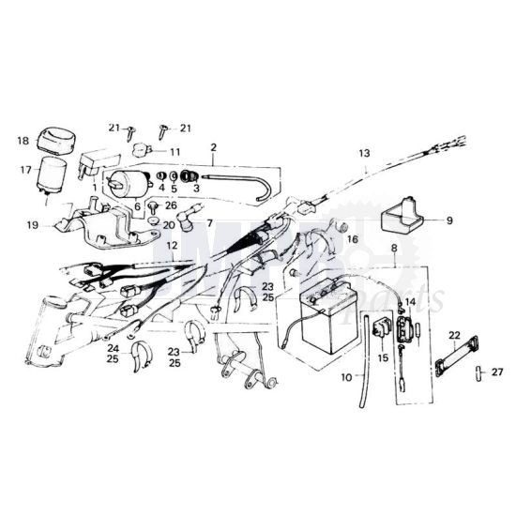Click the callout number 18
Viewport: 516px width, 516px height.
[x=23, y=142]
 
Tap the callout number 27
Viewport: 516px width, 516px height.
[x=497, y=372]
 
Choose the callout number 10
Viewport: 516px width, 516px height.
[x=346, y=376]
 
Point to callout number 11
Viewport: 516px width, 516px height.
[x=175, y=150]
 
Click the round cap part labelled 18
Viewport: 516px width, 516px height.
[x=59, y=139]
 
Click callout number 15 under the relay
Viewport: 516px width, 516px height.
[x=383, y=357]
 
